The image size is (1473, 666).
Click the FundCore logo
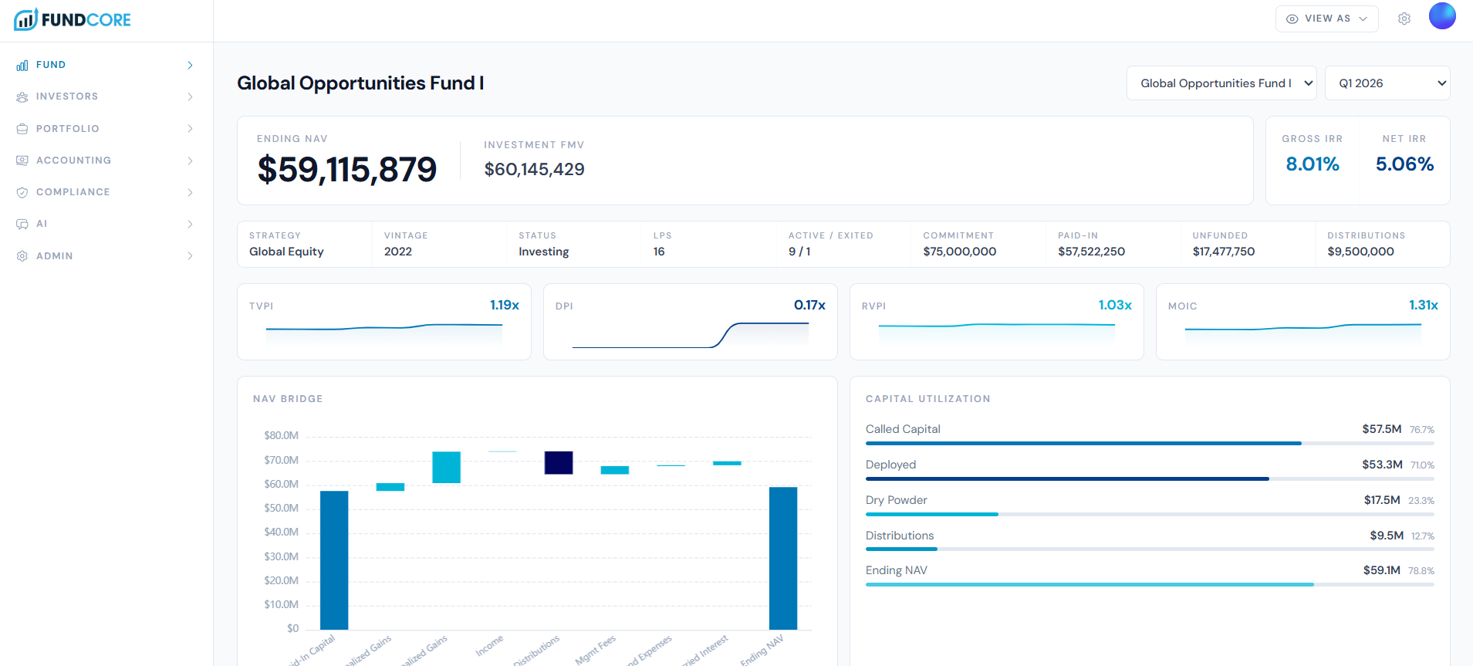pyautogui.click(x=73, y=19)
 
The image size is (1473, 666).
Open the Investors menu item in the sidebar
pyautogui.click(x=67, y=96)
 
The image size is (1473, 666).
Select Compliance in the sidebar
pyautogui.click(x=73, y=192)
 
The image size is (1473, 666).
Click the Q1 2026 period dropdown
pyautogui.click(x=1387, y=83)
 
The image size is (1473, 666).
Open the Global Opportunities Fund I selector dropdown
pyautogui.click(x=1221, y=83)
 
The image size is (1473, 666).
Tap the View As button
pyautogui.click(x=1326, y=19)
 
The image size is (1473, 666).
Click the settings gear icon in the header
pyautogui.click(x=1404, y=19)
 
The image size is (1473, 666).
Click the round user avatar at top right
pyautogui.click(x=1441, y=16)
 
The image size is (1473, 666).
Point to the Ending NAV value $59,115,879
pyautogui.click(x=347, y=169)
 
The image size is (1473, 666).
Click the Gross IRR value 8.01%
pyautogui.click(x=1312, y=164)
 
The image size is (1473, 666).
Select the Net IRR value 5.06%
pyautogui.click(x=1404, y=164)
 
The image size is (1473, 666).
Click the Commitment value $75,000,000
pyautogui.click(x=959, y=252)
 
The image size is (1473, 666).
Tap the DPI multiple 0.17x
pyautogui.click(x=809, y=305)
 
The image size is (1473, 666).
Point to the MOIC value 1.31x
pyautogui.click(x=1423, y=305)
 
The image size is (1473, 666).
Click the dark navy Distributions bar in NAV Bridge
pyautogui.click(x=558, y=462)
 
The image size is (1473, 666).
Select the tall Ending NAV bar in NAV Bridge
pyautogui.click(x=782, y=557)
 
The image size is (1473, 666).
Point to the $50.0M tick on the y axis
pyautogui.click(x=281, y=508)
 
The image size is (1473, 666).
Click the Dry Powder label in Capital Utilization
pyautogui.click(x=896, y=500)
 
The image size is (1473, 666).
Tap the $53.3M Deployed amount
pyautogui.click(x=1381, y=465)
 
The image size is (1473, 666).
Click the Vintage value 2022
pyautogui.click(x=398, y=252)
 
